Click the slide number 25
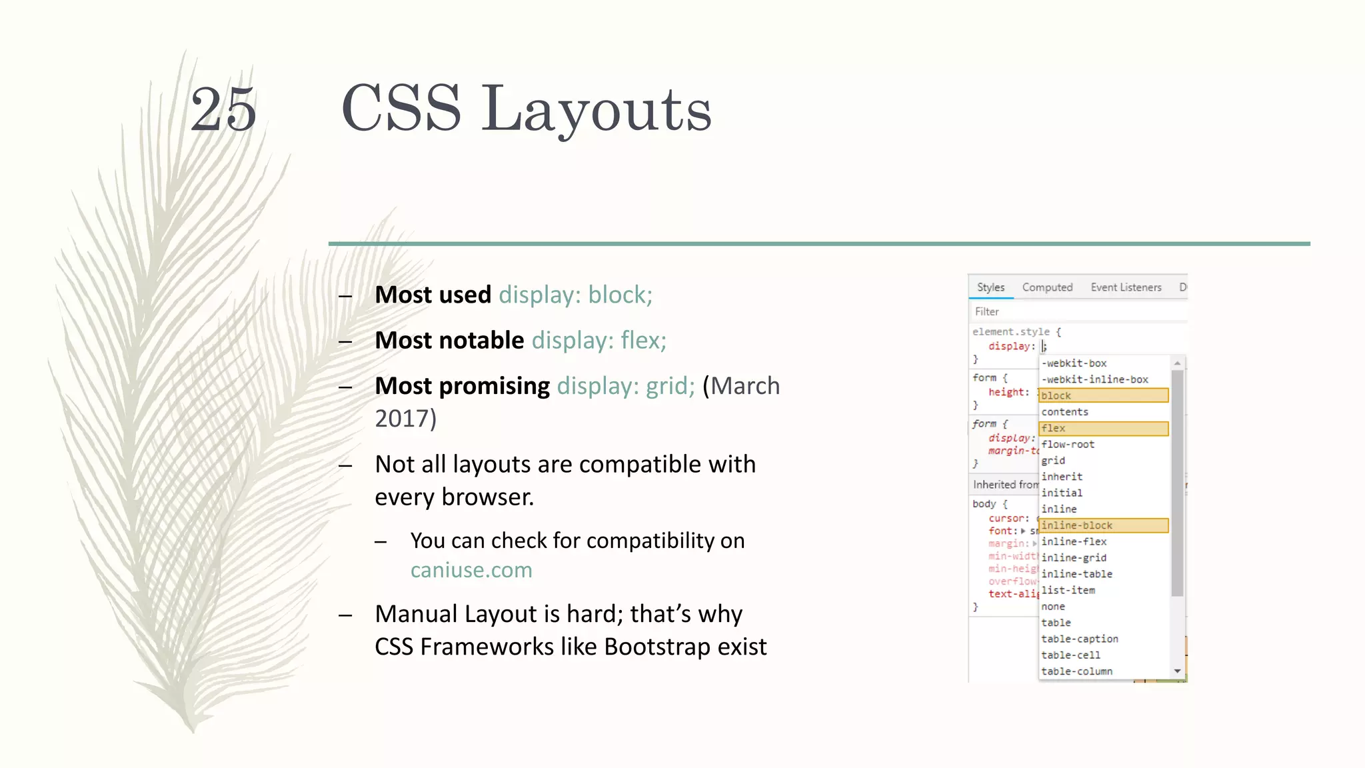[x=223, y=109]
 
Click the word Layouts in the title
[x=596, y=109]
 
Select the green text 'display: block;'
[x=575, y=295]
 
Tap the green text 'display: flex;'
[x=599, y=340]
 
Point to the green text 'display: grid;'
[x=625, y=385]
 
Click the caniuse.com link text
[x=471, y=570]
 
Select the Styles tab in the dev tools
[x=990, y=287]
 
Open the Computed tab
[x=1047, y=287]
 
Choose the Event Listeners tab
[x=1126, y=287]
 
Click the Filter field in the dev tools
[x=1076, y=311]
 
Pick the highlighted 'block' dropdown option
[x=1103, y=395]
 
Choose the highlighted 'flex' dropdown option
[x=1103, y=428]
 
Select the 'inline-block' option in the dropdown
[x=1103, y=525]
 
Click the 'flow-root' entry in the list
[x=1068, y=444]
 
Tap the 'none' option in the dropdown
[x=1053, y=607]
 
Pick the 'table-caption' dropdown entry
[x=1080, y=639]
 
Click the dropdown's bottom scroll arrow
[x=1178, y=671]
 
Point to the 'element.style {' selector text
[x=1016, y=331]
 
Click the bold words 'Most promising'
[x=462, y=385]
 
